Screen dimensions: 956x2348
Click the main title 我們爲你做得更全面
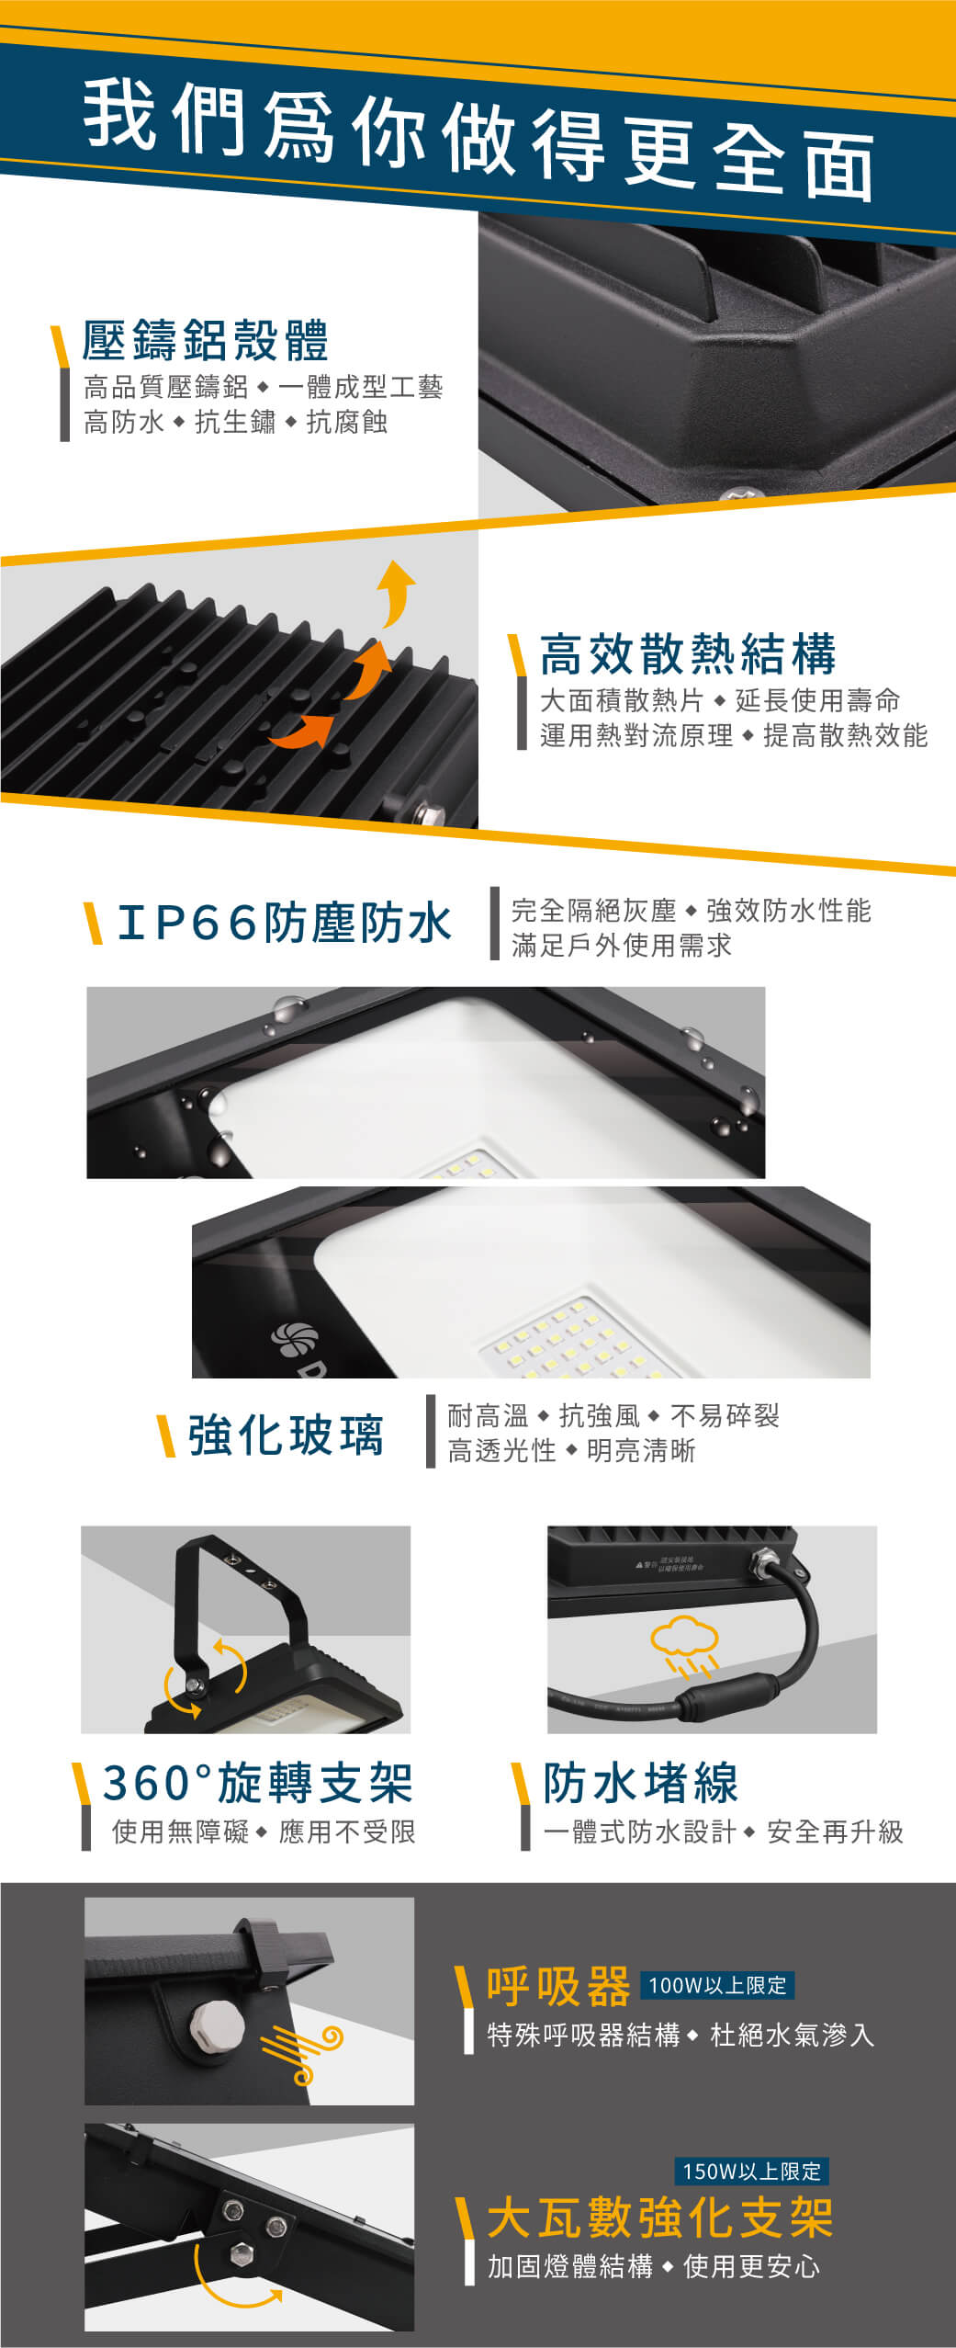[478, 138]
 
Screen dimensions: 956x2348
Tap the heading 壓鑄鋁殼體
[206, 340]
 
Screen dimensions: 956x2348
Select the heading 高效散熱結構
[688, 653]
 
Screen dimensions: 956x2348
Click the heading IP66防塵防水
[285, 923]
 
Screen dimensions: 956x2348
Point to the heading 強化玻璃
[286, 1435]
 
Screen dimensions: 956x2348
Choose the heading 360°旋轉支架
[257, 1784]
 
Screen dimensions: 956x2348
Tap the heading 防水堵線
[640, 1784]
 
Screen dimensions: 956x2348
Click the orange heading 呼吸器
[558, 1987]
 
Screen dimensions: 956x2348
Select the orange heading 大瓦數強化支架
[660, 2218]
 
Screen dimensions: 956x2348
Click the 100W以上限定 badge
[717, 1985]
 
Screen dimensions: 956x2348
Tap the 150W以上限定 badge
[751, 2172]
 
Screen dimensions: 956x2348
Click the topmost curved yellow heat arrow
[396, 590]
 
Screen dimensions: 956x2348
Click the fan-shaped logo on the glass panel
[294, 1341]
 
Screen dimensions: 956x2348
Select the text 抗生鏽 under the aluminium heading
[235, 422]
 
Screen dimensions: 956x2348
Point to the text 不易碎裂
[725, 1415]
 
